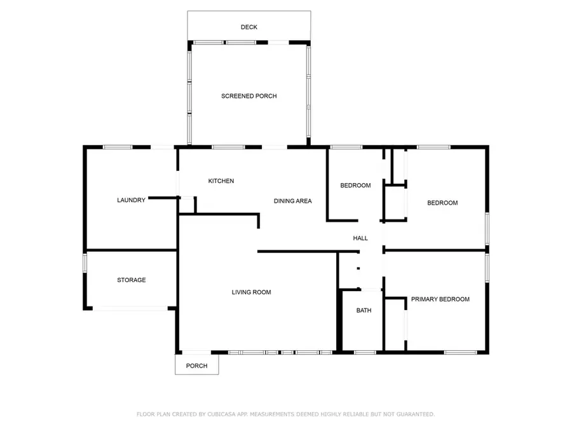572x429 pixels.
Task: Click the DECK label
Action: tap(249, 27)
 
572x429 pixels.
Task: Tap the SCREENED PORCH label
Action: tap(249, 96)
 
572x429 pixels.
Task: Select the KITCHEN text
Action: tap(221, 181)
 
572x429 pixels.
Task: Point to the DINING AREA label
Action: tap(292, 201)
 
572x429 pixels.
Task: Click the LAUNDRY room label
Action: tap(131, 200)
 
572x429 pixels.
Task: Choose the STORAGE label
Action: tap(131, 280)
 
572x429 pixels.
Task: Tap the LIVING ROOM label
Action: tap(251, 292)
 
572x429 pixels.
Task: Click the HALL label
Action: tap(360, 238)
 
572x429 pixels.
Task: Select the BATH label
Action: tap(364, 311)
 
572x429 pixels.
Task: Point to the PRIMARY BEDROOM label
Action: tap(440, 299)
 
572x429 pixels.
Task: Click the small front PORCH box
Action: tap(196, 365)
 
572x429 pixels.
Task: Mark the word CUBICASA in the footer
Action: tap(224, 414)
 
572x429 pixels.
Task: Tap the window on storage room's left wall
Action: tap(85, 264)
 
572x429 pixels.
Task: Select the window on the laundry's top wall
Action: tap(118, 147)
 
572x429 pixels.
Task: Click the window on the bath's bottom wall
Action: tap(364, 352)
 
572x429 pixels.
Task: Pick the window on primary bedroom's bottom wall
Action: tap(460, 352)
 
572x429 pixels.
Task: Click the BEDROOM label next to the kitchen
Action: tap(355, 186)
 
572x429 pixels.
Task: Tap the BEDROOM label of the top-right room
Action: tap(442, 203)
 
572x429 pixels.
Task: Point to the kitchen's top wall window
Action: tap(228, 147)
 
